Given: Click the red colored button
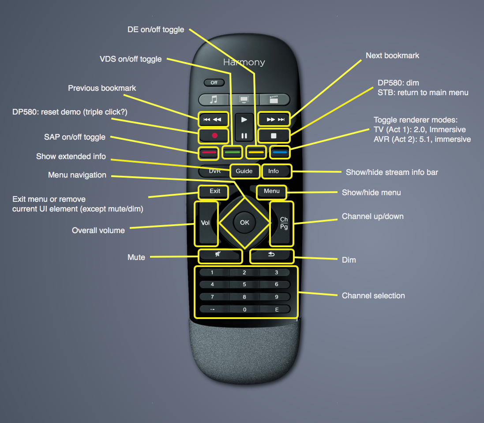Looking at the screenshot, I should tap(209, 152).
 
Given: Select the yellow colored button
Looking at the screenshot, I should tap(256, 152).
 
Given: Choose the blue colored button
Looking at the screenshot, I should tap(279, 152).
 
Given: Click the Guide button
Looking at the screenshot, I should tap(244, 171).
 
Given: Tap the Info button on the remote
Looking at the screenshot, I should tap(274, 171).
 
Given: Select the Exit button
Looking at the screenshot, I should tap(214, 191).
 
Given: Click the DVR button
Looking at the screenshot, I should tap(214, 171).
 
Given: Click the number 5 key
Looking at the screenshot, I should tap(244, 285).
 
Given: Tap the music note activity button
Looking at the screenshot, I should tap(214, 100).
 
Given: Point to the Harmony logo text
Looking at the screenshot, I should tap(244, 62).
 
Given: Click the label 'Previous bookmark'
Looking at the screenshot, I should tap(102, 88).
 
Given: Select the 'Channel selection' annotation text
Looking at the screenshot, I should tap(373, 296).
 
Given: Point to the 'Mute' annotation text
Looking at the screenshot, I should tap(136, 257).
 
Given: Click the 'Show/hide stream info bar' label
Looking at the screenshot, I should tap(392, 172).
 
